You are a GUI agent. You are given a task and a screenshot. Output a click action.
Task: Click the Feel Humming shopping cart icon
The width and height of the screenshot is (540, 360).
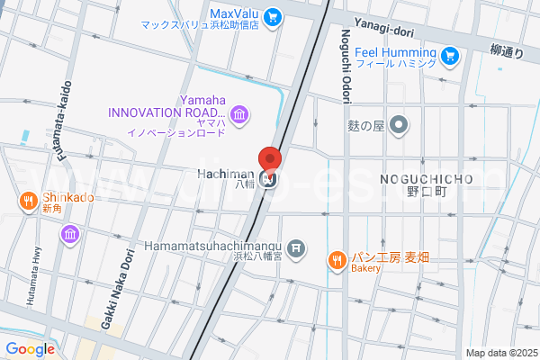pyautogui.click(x=452, y=58)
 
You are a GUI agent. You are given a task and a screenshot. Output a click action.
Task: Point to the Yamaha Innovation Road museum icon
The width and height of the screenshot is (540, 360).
pyautogui.click(x=239, y=114)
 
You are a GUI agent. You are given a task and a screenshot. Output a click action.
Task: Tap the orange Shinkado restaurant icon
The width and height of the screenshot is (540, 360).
pyautogui.click(x=29, y=201)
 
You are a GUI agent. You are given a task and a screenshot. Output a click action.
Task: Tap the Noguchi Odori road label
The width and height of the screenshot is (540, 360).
pyautogui.click(x=346, y=53)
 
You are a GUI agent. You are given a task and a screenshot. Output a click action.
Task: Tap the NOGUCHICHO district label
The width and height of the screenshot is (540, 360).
pyautogui.click(x=427, y=178)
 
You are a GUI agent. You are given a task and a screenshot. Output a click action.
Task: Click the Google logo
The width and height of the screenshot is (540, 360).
pyautogui.click(x=30, y=349)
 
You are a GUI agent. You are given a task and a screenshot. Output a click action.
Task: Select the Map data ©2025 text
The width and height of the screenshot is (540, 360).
pyautogui.click(x=500, y=353)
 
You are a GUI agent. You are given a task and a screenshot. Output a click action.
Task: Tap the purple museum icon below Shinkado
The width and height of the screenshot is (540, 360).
pyautogui.click(x=69, y=235)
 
